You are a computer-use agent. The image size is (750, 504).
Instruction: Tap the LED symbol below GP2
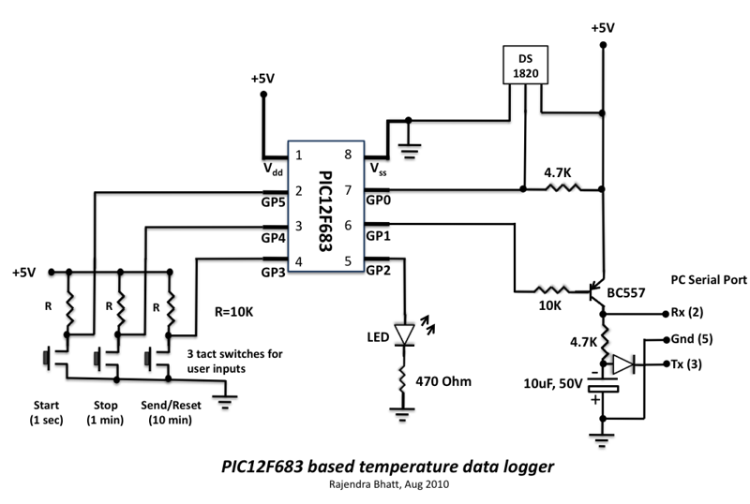pyautogui.click(x=405, y=334)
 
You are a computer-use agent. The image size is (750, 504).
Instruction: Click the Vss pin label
pyautogui.click(x=378, y=170)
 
